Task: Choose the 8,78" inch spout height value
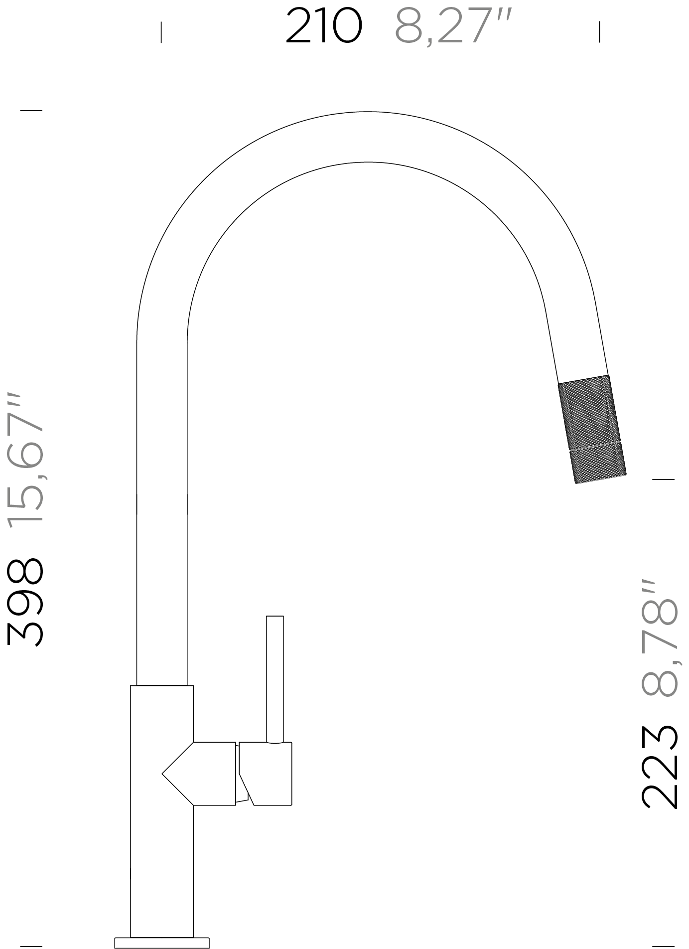[x=660, y=637]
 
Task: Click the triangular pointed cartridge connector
[x=199, y=774]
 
